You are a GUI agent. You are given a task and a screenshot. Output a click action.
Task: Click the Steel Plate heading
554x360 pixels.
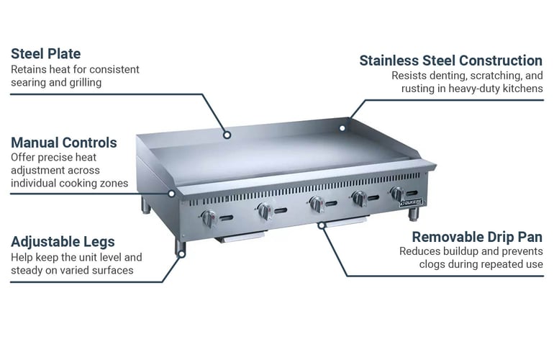click(46, 54)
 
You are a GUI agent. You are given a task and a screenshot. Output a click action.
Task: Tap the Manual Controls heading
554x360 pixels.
click(64, 143)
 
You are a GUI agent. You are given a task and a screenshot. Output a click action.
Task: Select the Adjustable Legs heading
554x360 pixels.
click(63, 242)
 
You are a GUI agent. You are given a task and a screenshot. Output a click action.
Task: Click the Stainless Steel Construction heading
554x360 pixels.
click(451, 60)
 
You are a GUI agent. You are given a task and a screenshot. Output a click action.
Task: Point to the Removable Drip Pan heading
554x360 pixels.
click(477, 237)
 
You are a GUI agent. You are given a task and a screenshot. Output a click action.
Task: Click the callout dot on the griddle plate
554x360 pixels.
click(227, 135)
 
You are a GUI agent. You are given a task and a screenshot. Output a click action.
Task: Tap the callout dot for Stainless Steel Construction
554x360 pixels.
click(342, 128)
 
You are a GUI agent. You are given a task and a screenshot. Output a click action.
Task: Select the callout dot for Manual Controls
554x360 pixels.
click(171, 194)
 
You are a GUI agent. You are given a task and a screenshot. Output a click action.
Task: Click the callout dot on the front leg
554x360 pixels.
click(181, 254)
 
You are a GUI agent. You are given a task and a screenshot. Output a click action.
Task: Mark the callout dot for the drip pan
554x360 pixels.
click(321, 225)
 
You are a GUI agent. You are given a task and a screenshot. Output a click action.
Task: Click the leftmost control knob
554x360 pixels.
click(209, 219)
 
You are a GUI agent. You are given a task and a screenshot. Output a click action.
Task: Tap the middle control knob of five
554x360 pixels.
click(317, 204)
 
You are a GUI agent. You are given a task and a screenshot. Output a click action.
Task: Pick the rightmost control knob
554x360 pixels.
click(397, 194)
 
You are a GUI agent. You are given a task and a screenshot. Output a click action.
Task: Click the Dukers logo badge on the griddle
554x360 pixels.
click(412, 202)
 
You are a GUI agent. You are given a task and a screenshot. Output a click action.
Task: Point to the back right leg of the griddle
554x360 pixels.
click(413, 214)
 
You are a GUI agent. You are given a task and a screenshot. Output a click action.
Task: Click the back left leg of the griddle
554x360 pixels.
click(145, 205)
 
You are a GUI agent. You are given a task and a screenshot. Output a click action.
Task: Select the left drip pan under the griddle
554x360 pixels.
click(240, 236)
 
